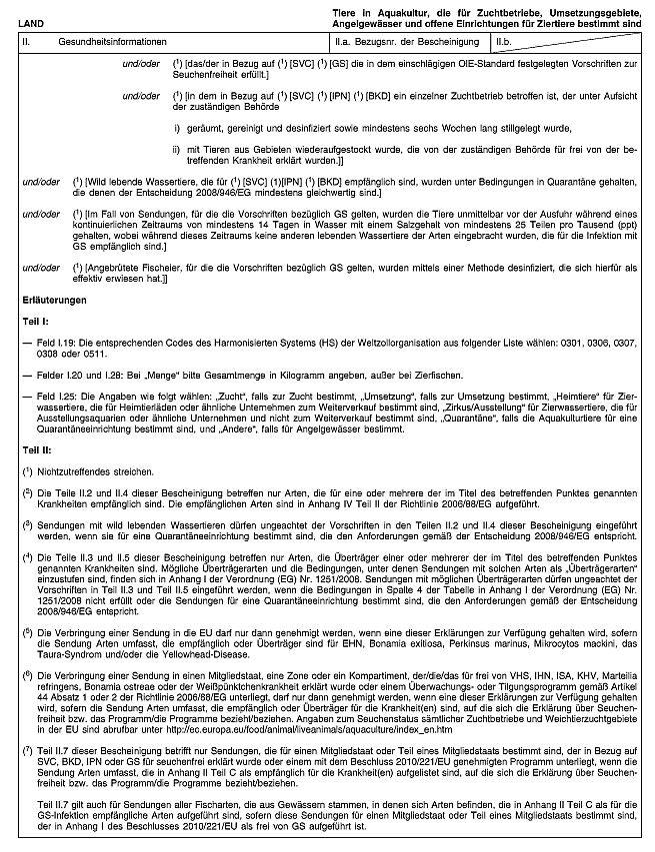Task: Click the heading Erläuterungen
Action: coord(53,301)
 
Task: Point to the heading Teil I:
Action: coord(36,323)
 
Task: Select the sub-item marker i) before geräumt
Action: coord(177,130)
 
